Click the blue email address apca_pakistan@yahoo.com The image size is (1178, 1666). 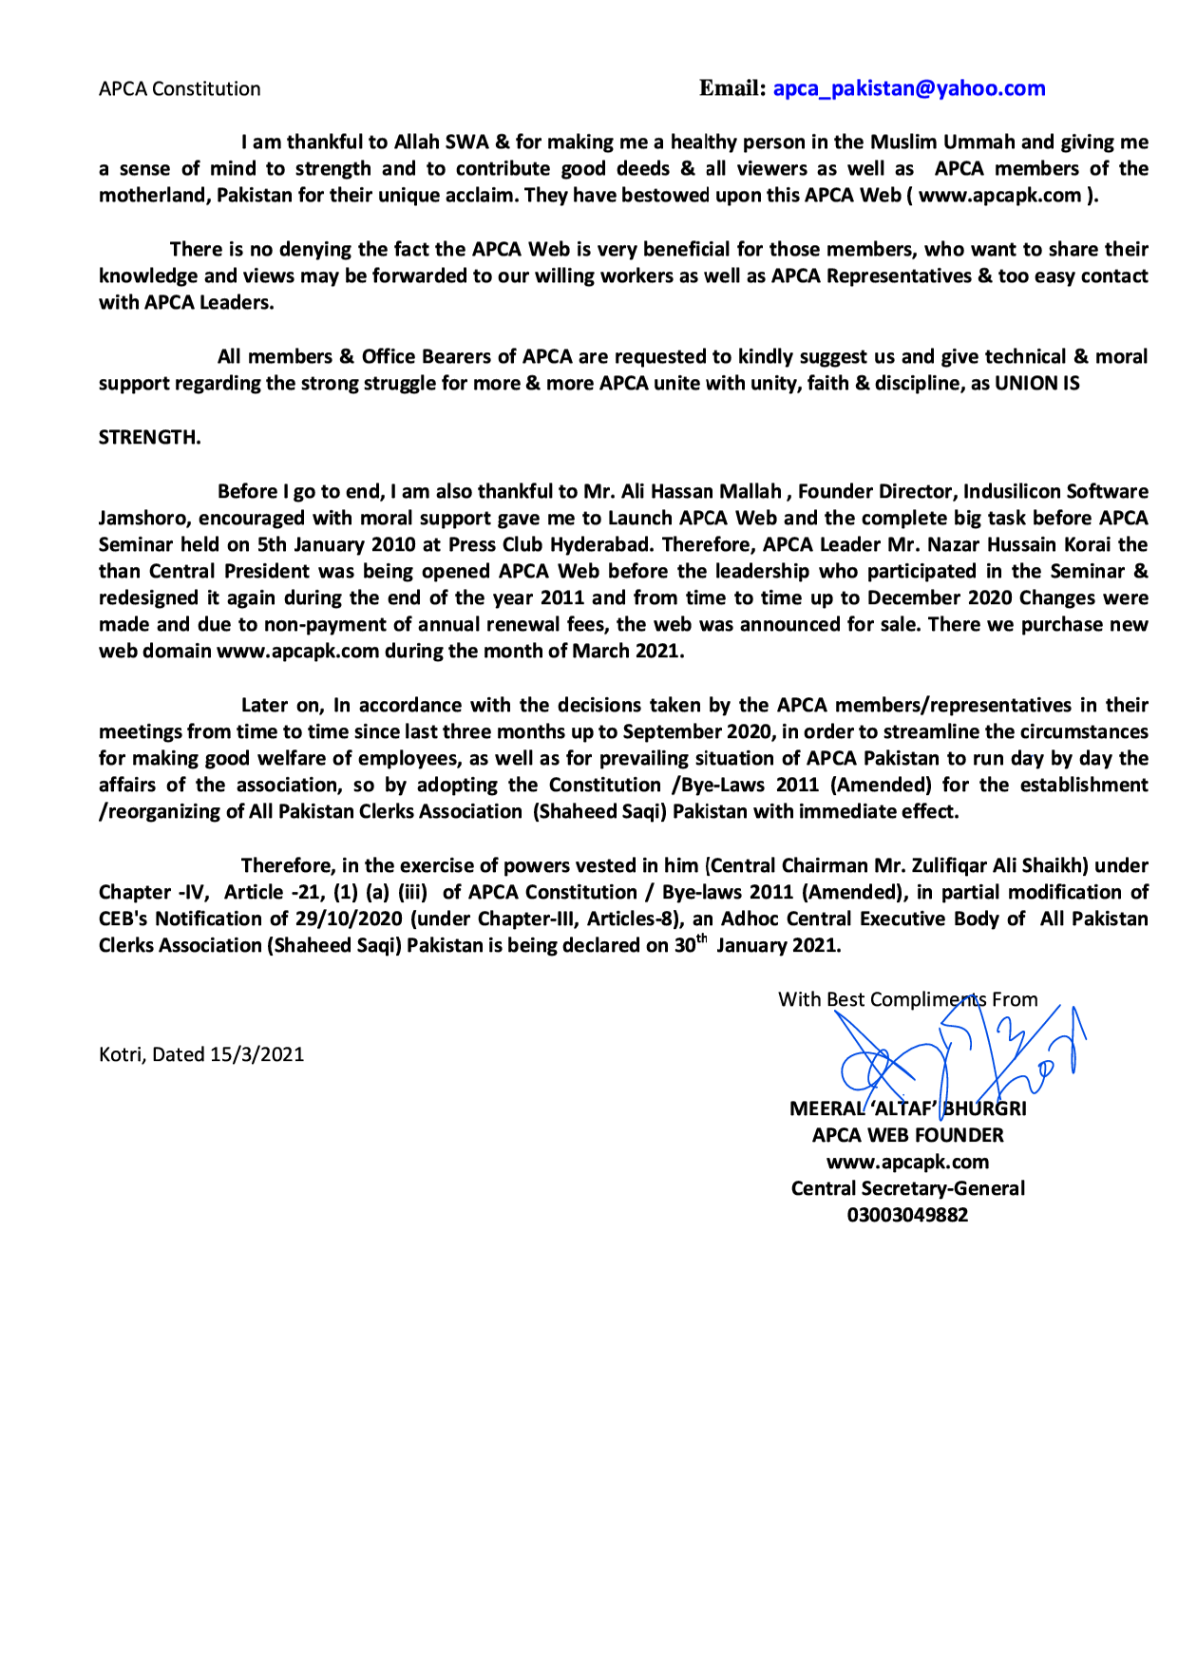[x=908, y=88]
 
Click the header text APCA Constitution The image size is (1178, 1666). [x=180, y=89]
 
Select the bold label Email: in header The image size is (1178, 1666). [x=732, y=88]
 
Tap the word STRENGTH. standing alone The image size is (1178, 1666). [x=149, y=437]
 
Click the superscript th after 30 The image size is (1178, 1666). [x=702, y=939]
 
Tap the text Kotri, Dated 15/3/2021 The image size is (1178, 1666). [x=201, y=1054]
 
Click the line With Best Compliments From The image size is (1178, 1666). [x=907, y=999]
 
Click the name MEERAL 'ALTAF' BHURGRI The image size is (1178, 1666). [x=907, y=1108]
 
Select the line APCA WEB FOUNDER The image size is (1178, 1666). [x=907, y=1135]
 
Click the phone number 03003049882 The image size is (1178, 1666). [x=907, y=1215]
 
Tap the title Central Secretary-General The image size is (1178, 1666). [x=907, y=1188]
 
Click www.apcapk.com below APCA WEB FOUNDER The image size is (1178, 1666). [x=907, y=1162]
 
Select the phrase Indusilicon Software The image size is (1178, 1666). [x=1055, y=491]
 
